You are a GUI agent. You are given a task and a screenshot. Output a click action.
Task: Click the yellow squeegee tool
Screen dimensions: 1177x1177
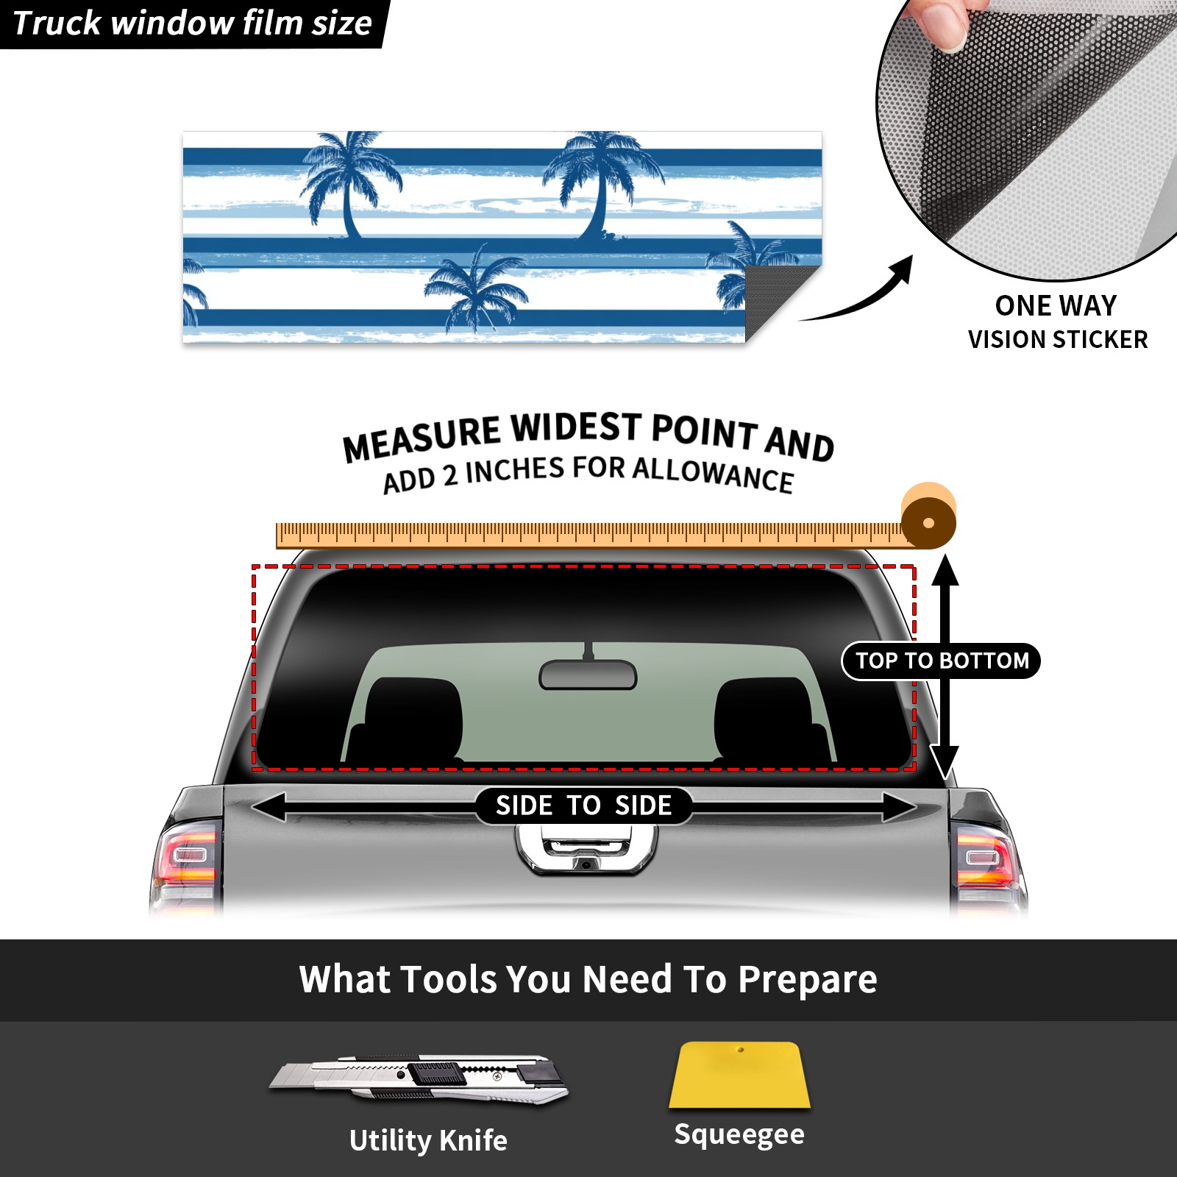[739, 1075]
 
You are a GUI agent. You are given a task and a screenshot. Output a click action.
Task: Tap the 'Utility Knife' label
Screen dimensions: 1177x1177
[428, 1140]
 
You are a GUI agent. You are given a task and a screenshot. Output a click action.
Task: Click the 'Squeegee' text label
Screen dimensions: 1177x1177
[739, 1134]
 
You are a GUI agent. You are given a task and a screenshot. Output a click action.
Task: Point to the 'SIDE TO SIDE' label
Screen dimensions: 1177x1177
[583, 806]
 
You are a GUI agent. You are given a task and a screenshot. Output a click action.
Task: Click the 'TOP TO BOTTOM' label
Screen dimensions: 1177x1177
[942, 661]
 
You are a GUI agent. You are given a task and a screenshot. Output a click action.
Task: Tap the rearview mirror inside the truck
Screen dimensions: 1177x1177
[588, 674]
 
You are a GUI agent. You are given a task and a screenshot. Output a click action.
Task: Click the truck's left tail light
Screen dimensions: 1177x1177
[186, 860]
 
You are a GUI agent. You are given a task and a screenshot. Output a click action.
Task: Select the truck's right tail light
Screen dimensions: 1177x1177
[987, 861]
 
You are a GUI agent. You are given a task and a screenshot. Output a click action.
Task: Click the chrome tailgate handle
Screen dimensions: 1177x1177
[586, 850]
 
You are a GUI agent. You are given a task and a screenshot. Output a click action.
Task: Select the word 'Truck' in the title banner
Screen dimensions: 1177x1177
[56, 24]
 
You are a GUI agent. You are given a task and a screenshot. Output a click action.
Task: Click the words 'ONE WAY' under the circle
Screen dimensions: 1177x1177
[1056, 305]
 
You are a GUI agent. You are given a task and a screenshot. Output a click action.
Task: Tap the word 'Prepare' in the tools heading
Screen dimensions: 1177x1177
[807, 980]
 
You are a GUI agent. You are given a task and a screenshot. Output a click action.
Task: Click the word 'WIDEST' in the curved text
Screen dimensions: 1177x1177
[577, 427]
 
